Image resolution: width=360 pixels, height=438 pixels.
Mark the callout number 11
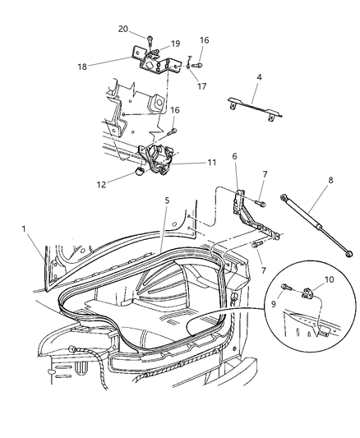tap(188, 164)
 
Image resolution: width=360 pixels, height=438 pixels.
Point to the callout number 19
tap(175, 44)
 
